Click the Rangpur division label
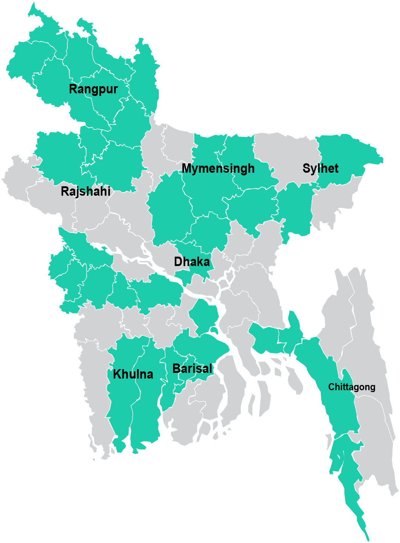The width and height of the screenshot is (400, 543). pos(93,89)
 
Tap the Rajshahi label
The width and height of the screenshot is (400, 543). pos(86,191)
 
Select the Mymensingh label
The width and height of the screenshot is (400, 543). pos(218,169)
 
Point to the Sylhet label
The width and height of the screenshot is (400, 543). pos(321,168)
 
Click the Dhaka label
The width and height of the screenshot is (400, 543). pos(192,262)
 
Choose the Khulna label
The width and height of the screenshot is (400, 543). pos(133,374)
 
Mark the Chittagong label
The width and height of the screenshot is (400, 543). pos(352,387)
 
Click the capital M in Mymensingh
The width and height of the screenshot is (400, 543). pos(187,168)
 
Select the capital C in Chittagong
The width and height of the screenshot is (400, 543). pos(331,387)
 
